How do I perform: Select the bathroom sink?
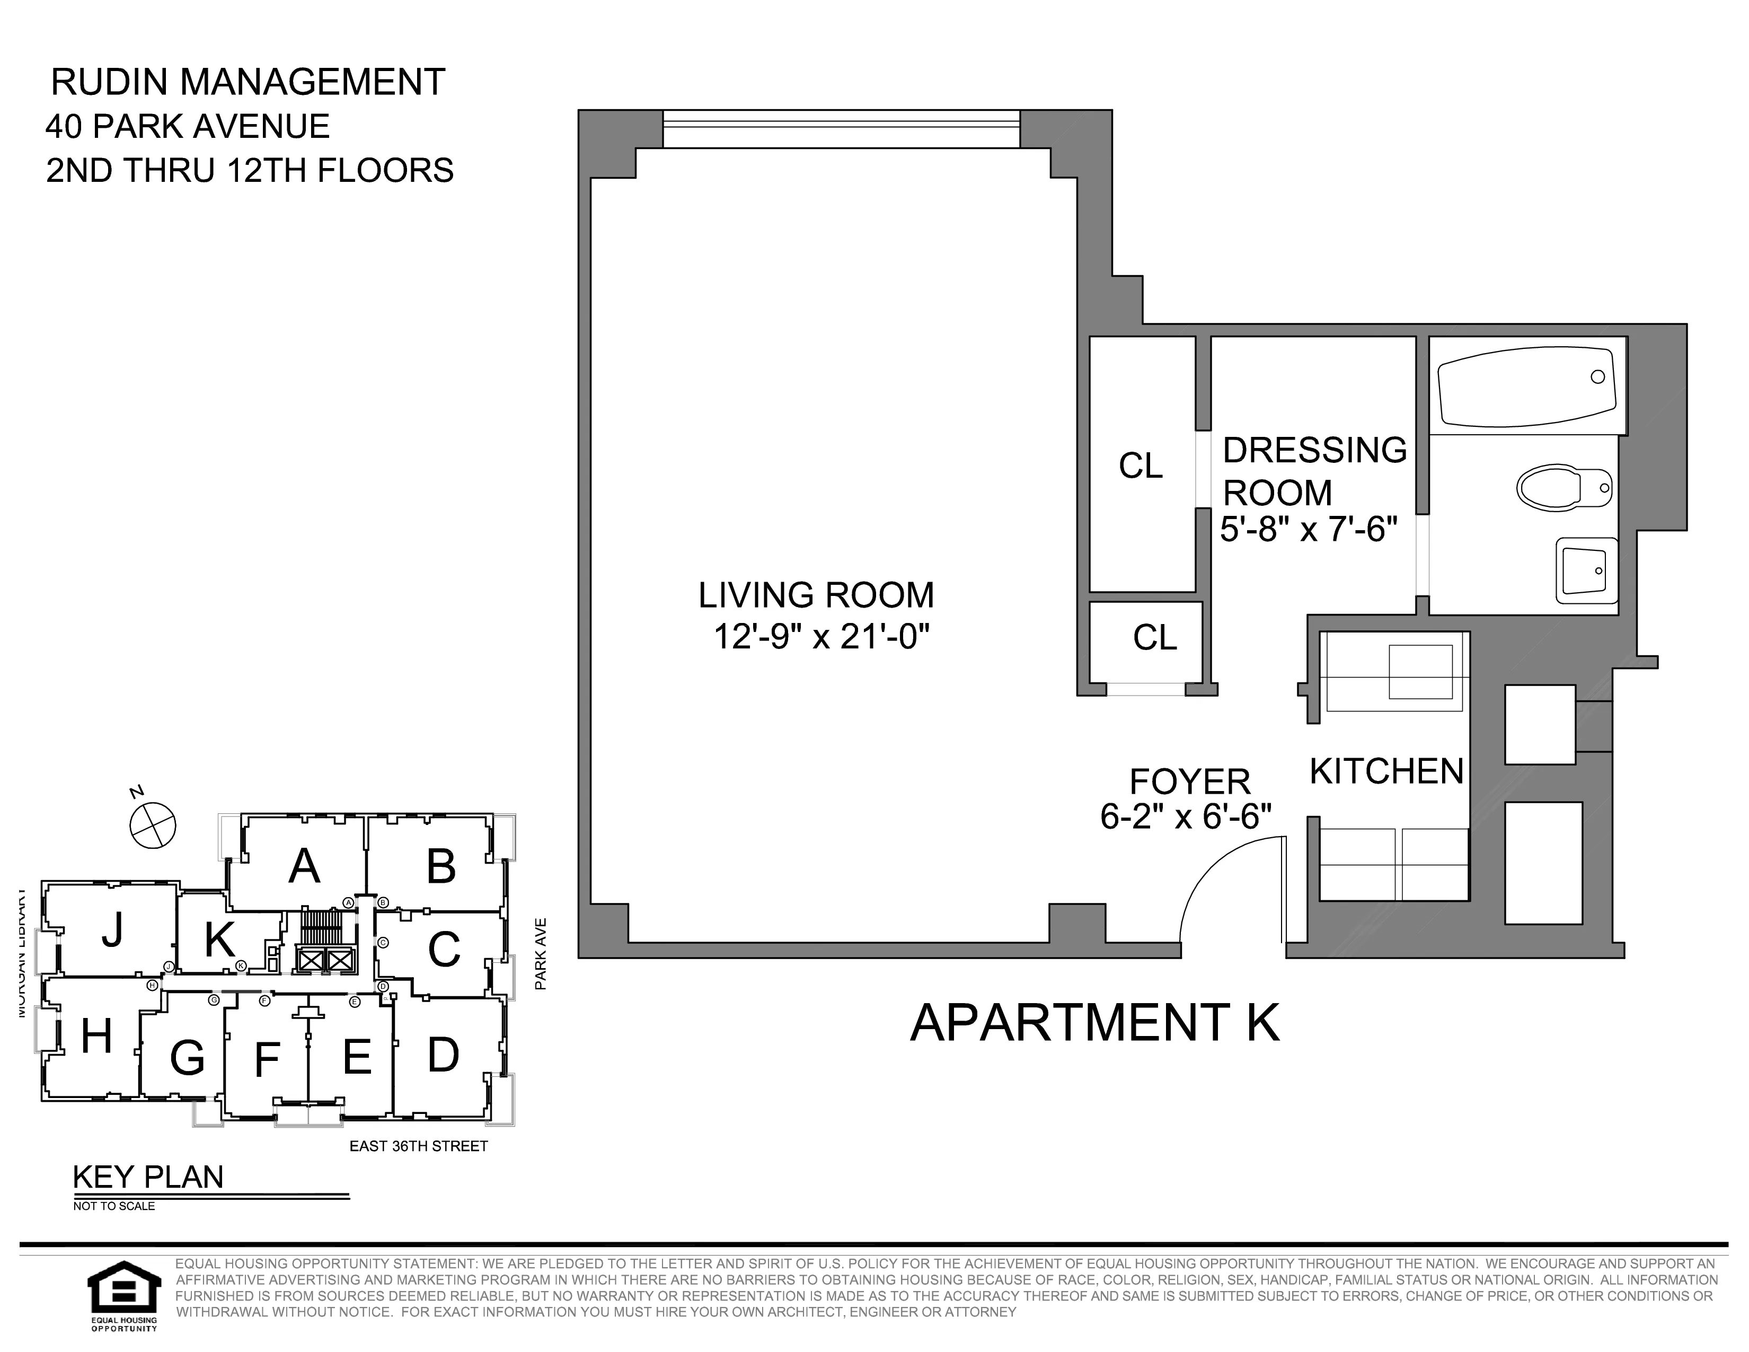point(1586,570)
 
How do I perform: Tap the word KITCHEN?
point(1386,771)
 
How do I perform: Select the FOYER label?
point(1189,781)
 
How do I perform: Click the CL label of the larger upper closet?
point(1141,466)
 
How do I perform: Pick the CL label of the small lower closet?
point(1155,637)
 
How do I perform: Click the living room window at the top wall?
point(841,129)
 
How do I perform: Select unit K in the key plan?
point(218,941)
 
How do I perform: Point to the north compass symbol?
point(153,826)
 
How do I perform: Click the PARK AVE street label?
point(541,953)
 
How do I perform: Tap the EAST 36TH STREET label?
point(418,1146)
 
